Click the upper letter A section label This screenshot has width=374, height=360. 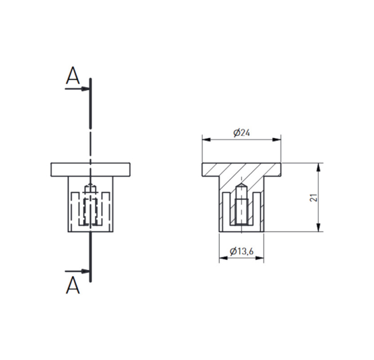click(73, 76)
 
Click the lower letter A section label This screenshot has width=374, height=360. click(73, 285)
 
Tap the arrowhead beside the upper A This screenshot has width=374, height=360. click(85, 89)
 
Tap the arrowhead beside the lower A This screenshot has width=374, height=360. click(85, 271)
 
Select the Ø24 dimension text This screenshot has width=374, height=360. click(241, 132)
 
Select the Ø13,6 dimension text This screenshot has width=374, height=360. click(241, 251)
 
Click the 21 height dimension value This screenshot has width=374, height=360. click(314, 198)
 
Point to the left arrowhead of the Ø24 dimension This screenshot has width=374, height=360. click(207, 140)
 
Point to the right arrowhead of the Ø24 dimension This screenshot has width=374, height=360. click(276, 140)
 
